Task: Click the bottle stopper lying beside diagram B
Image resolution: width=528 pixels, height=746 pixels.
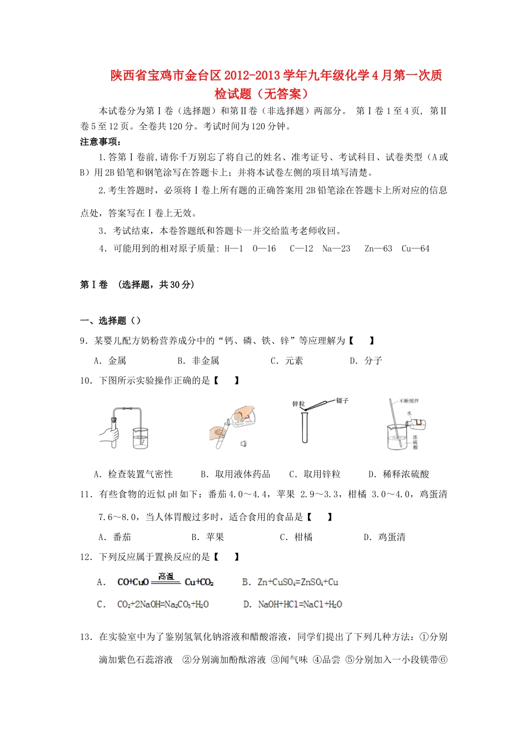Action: (243, 443)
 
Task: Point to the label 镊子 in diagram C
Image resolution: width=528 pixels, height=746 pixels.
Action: (342, 400)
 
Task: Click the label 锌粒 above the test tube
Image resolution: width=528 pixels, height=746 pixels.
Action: (298, 404)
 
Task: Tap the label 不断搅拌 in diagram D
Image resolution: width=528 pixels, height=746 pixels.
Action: (409, 400)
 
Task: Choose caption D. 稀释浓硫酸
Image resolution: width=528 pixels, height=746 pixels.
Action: (399, 474)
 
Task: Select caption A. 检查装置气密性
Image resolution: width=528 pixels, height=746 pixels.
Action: (133, 474)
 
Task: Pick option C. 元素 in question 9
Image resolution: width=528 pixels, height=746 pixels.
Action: (287, 361)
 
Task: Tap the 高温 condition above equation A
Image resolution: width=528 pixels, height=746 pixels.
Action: (166, 576)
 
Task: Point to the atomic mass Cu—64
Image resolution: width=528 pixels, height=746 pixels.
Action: (415, 249)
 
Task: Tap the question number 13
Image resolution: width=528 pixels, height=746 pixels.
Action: (86, 637)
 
